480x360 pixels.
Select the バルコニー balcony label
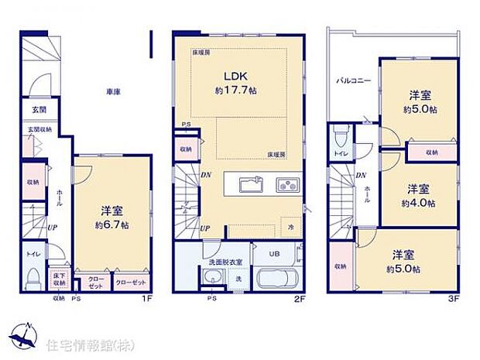(x=352, y=81)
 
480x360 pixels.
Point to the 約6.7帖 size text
(x=112, y=225)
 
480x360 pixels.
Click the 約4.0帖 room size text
(x=417, y=204)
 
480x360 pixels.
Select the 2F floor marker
(x=299, y=297)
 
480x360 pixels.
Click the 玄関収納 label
(x=39, y=129)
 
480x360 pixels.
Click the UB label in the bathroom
(x=274, y=253)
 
